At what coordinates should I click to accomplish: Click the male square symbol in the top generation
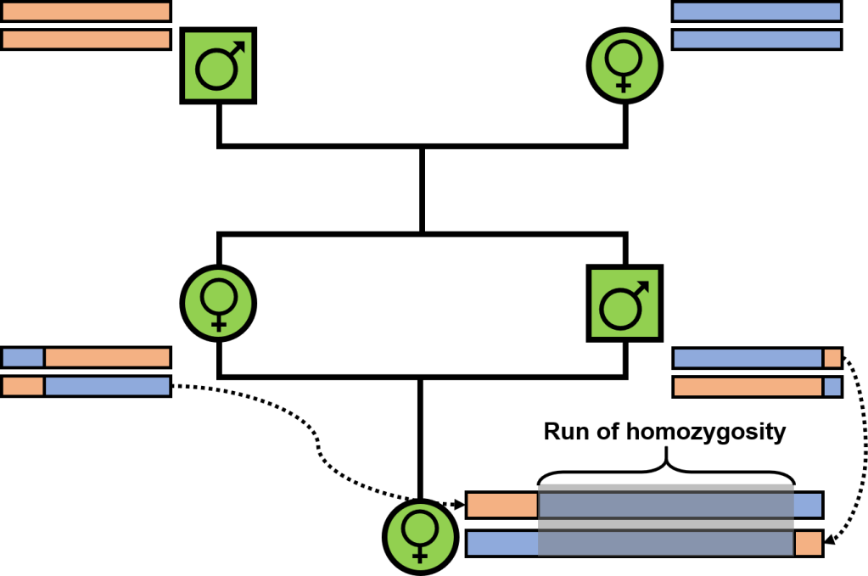tap(218, 65)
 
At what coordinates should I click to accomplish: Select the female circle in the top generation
tap(624, 65)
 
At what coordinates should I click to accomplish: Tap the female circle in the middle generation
tap(218, 303)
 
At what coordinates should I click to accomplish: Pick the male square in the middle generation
tap(624, 303)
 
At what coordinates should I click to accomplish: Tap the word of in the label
tap(607, 433)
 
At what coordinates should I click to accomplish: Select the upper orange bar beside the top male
tap(87, 11)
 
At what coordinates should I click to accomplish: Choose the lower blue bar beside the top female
tap(756, 40)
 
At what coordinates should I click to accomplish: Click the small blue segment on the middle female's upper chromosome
tap(24, 357)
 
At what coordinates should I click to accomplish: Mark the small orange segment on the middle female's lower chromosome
tap(24, 387)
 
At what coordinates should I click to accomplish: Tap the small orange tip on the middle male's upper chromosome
tap(832, 357)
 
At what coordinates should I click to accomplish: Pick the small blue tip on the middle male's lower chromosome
tap(832, 387)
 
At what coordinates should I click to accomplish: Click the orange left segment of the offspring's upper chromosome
tap(502, 506)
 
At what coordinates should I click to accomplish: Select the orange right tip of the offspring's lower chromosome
tap(809, 543)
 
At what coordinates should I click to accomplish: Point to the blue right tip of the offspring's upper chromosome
tap(808, 506)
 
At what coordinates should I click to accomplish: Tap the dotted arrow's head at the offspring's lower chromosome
tap(829, 540)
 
